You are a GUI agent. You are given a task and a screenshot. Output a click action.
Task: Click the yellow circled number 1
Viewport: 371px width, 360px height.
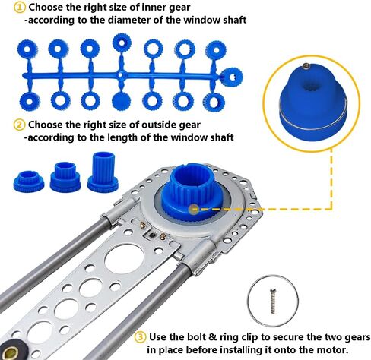(19, 8)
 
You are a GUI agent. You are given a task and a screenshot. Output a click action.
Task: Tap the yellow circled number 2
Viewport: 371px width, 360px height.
(19, 125)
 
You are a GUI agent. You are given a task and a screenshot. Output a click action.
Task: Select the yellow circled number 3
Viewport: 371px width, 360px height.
(140, 337)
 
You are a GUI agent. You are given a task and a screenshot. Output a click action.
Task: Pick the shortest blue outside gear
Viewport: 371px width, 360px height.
(28, 181)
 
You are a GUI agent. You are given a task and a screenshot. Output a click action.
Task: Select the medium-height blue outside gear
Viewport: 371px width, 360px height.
(65, 177)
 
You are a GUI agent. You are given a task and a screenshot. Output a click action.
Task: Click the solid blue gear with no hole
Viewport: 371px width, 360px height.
(122, 102)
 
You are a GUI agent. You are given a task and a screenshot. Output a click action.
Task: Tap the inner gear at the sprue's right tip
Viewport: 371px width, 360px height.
(232, 77)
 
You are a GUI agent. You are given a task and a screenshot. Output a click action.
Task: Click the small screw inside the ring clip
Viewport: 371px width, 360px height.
(273, 302)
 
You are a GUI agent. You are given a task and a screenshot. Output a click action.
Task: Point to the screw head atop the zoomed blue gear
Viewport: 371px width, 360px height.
(306, 66)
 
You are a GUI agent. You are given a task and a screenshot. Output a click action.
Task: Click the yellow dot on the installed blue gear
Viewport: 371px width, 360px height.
(195, 210)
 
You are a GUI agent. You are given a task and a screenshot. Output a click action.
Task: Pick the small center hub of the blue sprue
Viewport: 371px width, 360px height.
(122, 75)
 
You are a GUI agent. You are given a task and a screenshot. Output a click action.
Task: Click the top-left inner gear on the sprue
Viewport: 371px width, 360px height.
(27, 50)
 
